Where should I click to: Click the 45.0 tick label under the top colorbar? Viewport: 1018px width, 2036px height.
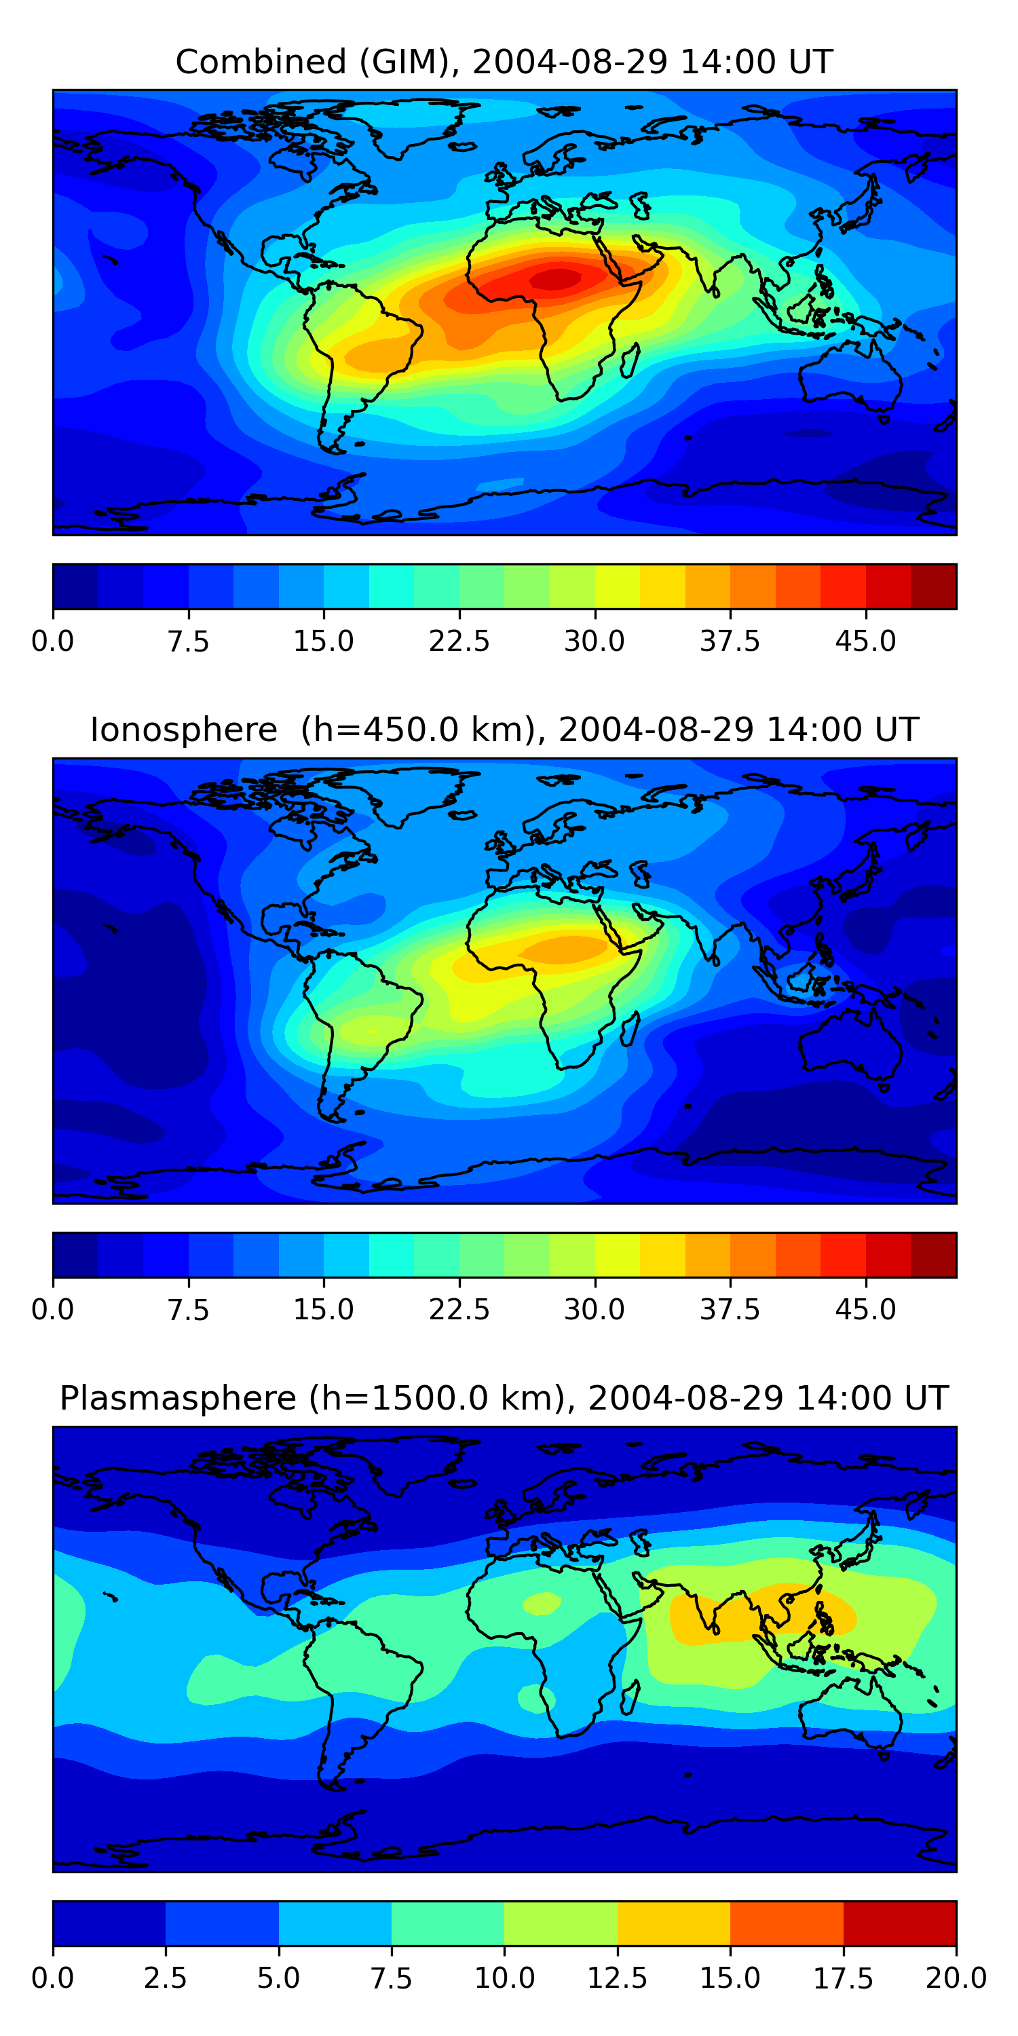coord(865,641)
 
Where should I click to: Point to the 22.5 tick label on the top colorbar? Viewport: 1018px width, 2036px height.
coord(459,641)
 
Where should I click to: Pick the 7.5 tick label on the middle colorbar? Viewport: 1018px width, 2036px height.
coord(188,1310)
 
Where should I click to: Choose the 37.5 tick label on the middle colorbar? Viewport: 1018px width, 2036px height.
coord(730,1310)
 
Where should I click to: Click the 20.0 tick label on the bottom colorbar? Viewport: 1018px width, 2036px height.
coord(956,1978)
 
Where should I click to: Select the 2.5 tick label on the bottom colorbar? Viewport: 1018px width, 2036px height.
coord(165,1978)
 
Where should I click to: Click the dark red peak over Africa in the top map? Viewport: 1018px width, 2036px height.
coord(558,278)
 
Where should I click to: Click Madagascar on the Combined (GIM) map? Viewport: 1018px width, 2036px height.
coord(630,360)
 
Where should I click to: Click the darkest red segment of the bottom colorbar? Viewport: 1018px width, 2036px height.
coord(899,1923)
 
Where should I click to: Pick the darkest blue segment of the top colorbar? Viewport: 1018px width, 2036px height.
coord(75,586)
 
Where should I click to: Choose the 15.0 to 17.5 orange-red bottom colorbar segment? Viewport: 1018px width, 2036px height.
coord(787,1923)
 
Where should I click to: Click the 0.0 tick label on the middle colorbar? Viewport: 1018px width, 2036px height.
coord(53,1310)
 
